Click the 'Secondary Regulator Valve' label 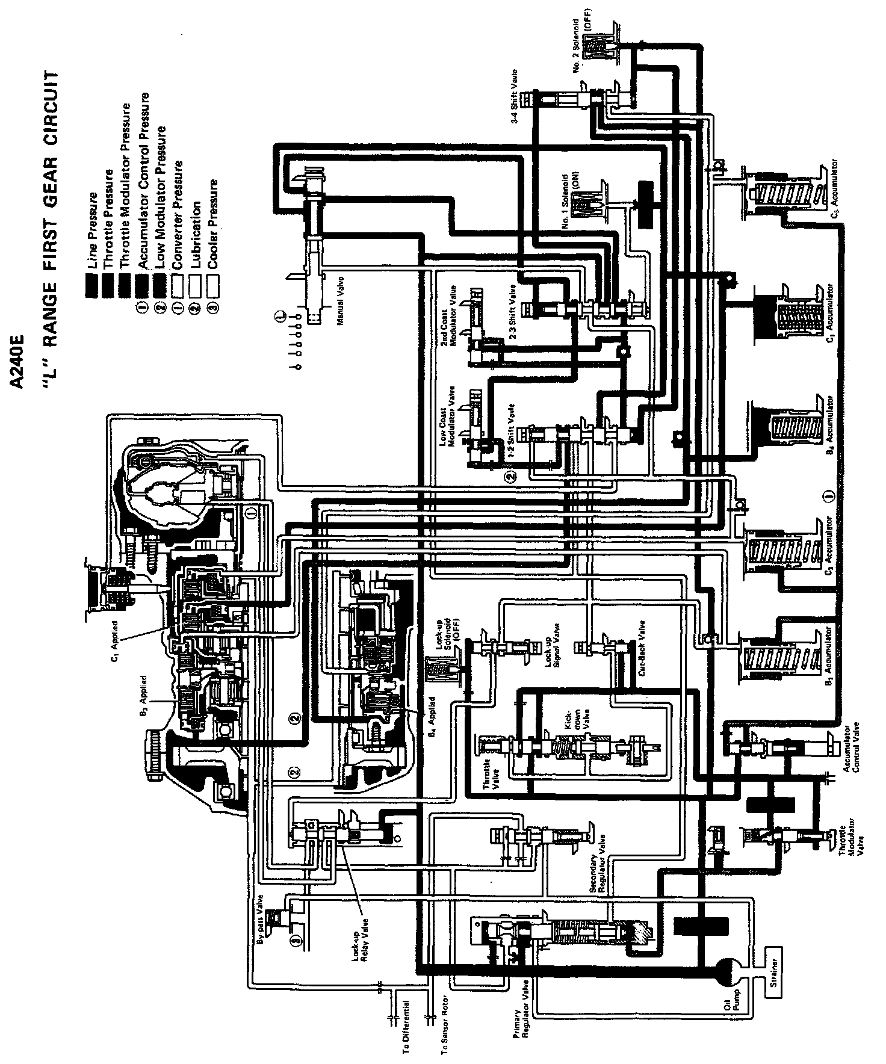point(602,858)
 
